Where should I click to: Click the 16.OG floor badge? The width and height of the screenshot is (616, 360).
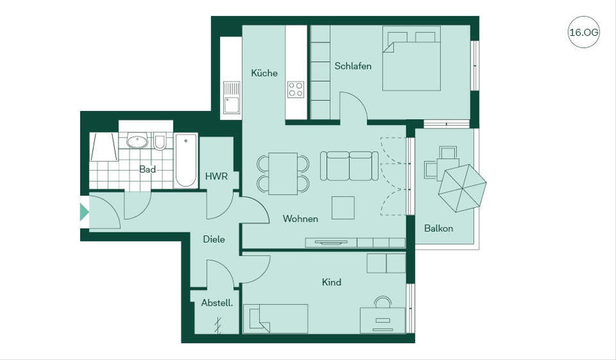[584, 32]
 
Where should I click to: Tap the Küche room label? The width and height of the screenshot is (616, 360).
[264, 73]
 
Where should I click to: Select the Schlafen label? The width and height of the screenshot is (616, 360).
[353, 66]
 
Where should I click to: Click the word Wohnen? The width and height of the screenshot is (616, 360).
[300, 219]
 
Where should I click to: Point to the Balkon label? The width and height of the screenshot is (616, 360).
[438, 228]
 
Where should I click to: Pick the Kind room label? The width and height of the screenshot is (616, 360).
[332, 282]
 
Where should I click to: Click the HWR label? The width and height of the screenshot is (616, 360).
[217, 176]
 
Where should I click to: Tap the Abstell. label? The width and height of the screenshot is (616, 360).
[217, 303]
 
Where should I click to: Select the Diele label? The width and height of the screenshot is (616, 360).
[214, 239]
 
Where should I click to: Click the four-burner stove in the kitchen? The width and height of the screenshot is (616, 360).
[296, 89]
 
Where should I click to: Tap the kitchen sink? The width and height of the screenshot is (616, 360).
[232, 98]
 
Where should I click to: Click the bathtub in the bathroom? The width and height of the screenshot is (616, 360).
[186, 161]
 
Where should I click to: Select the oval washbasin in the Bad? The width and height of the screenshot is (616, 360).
[137, 141]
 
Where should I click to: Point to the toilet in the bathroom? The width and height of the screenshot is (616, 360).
[160, 141]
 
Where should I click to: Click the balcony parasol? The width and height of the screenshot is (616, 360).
[463, 188]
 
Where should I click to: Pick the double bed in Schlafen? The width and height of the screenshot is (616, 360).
[412, 59]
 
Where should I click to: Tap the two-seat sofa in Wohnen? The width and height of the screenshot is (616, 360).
[349, 166]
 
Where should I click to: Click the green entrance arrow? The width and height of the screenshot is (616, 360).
[84, 212]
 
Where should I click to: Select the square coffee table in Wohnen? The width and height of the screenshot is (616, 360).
[343, 207]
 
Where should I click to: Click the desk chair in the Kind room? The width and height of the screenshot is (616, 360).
[383, 301]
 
